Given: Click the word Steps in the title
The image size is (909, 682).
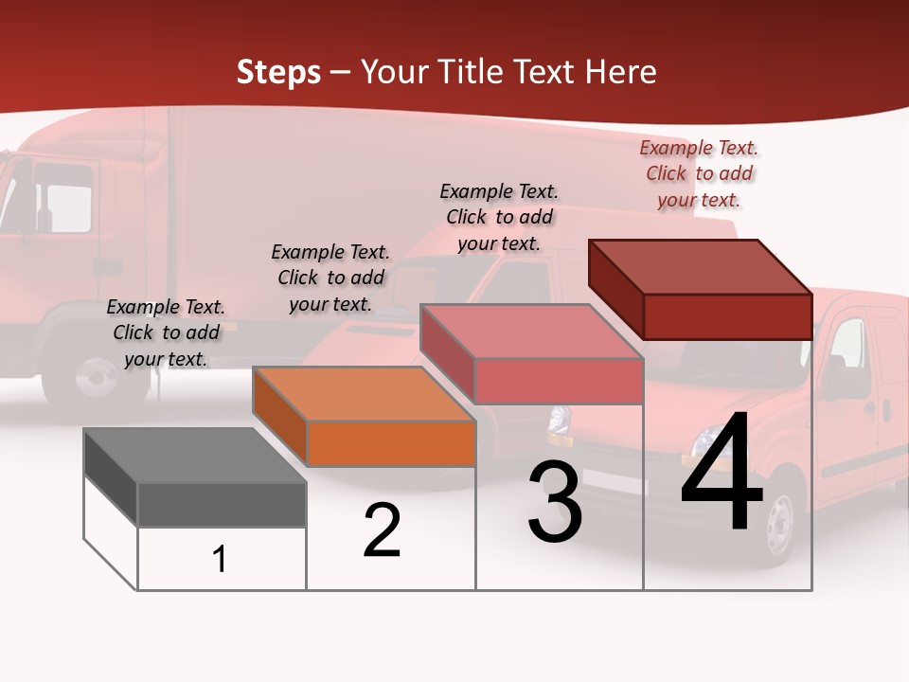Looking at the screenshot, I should click(278, 72).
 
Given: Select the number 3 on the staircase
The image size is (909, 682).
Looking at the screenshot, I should click(555, 502).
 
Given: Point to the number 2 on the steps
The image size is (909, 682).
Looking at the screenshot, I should click(382, 530).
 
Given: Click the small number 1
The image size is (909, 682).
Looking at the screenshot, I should click(220, 560).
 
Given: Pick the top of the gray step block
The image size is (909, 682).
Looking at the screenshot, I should click(195, 456).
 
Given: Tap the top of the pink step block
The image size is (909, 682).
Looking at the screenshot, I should click(531, 332).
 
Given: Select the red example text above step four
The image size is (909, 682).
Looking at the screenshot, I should click(699, 173).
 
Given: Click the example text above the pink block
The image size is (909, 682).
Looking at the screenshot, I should click(499, 217).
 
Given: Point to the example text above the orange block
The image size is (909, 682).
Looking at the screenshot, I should click(330, 278).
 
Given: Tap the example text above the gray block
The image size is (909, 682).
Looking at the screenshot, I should click(166, 332).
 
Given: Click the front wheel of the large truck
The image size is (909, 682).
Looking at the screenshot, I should click(97, 374).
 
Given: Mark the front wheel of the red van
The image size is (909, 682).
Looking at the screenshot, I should click(779, 524).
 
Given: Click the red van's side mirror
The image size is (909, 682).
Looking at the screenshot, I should click(834, 376).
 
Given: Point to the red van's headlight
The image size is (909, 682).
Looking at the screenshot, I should click(704, 440).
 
